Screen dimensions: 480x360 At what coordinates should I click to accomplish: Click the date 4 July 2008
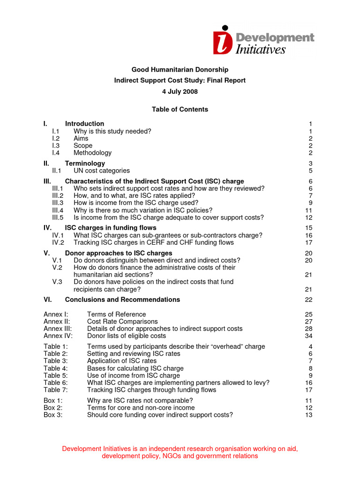coord(180,91)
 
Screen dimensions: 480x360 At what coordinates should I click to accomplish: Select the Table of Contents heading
coord(180,109)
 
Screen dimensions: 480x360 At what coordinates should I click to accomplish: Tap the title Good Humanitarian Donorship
coord(180,70)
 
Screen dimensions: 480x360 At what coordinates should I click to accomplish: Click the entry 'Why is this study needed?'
coord(112,131)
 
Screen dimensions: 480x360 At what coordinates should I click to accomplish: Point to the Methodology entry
coord(92,153)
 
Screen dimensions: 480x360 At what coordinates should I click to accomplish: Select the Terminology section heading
coord(85,164)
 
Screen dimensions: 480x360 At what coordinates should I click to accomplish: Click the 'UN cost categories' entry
coord(101,171)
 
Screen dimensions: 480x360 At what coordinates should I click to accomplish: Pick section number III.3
coord(58,203)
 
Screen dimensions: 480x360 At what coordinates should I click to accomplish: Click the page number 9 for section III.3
coord(310,203)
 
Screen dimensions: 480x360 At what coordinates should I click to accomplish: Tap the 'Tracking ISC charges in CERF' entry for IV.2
coord(153,242)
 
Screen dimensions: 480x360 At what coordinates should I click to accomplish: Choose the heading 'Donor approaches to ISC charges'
coord(119,253)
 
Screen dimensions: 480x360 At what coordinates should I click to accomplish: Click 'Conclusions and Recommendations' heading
coord(122,300)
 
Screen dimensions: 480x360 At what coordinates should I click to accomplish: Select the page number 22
coord(308,300)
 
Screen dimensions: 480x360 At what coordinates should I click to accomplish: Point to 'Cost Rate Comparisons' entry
coord(122,322)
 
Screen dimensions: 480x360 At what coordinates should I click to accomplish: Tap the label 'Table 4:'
coord(55,368)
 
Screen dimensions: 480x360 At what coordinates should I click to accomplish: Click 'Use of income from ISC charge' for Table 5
coord(133,375)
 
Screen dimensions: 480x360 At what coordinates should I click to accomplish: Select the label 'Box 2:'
coord(53,408)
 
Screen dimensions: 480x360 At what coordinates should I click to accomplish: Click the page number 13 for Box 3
coord(308,415)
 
